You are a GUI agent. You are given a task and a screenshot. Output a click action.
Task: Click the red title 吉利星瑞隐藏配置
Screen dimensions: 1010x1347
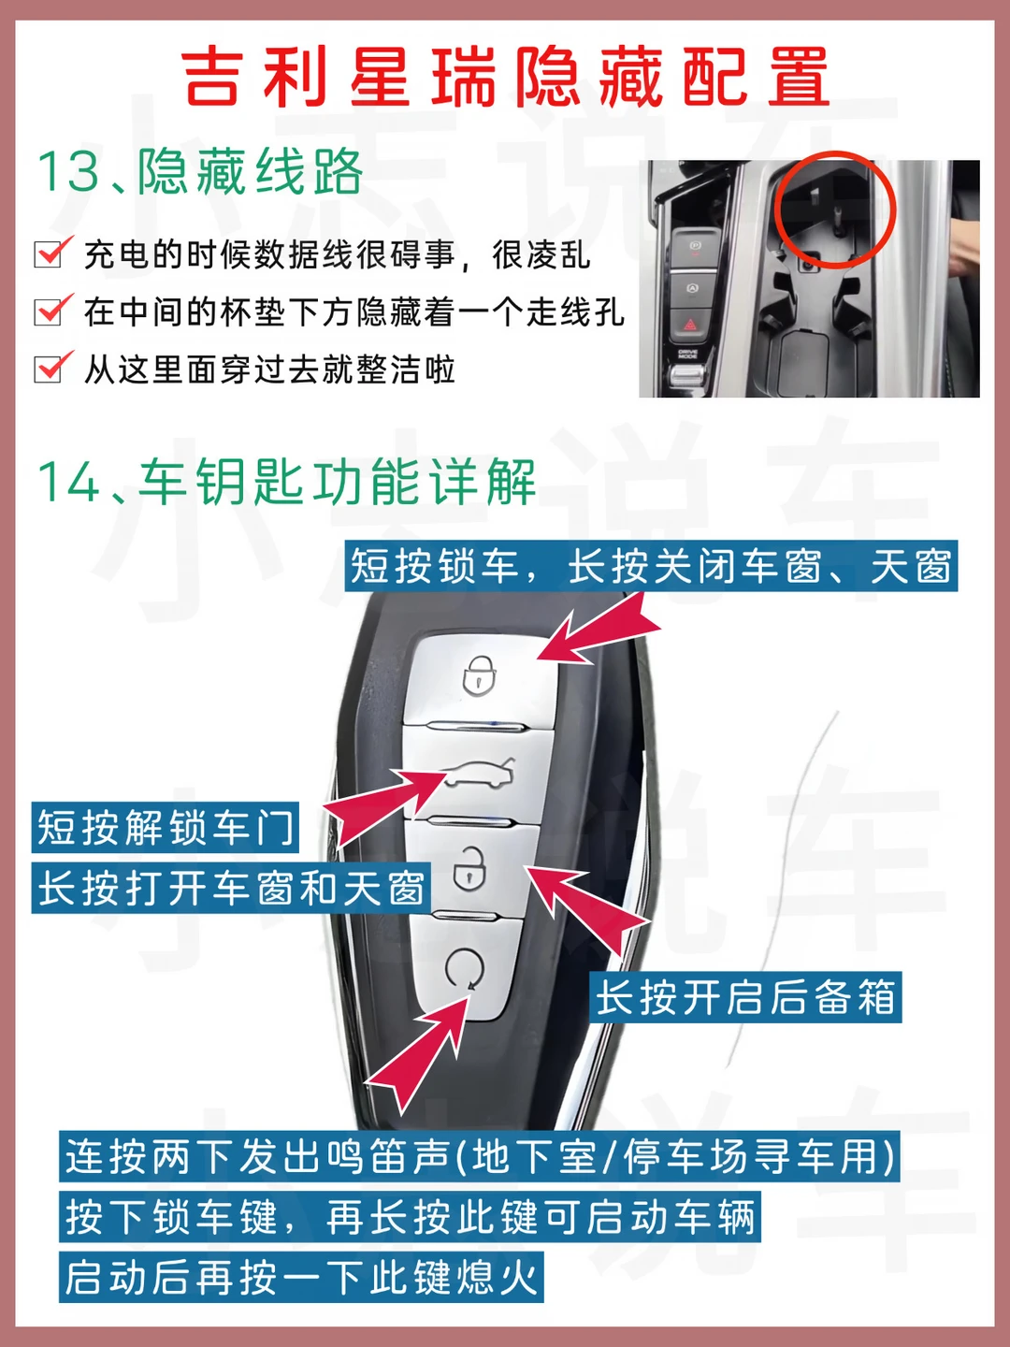(x=505, y=77)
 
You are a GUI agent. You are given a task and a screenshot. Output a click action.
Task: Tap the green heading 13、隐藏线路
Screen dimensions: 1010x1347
(x=200, y=172)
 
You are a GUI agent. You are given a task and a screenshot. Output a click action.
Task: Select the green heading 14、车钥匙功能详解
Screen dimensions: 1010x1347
(x=287, y=483)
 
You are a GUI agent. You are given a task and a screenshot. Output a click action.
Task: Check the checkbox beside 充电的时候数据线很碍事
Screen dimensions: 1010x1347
(x=51, y=253)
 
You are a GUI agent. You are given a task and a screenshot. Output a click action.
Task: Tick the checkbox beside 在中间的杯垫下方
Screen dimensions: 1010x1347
(x=51, y=310)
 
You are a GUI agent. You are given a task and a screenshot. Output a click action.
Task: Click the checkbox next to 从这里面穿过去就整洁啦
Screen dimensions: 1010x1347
(x=51, y=368)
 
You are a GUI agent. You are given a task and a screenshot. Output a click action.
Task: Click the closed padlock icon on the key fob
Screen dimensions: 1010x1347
(x=479, y=676)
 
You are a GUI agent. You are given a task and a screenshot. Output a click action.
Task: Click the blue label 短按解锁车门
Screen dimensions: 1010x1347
(x=165, y=827)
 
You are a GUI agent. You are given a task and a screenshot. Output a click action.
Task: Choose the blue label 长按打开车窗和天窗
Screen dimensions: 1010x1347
(x=231, y=888)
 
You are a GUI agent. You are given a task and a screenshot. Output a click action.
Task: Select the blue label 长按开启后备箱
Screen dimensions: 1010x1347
(x=745, y=997)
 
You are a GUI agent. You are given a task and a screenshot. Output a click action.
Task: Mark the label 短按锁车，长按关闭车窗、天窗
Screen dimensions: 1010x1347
(x=651, y=566)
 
